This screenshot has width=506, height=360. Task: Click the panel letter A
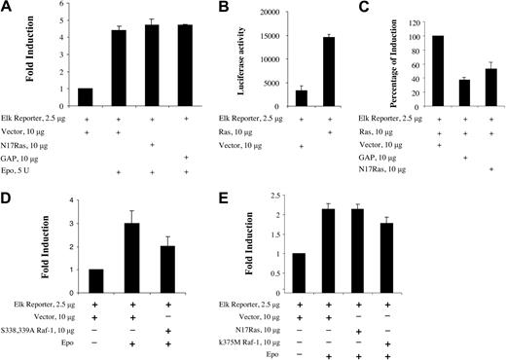coord(8,9)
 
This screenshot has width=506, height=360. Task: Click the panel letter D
coord(8,193)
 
